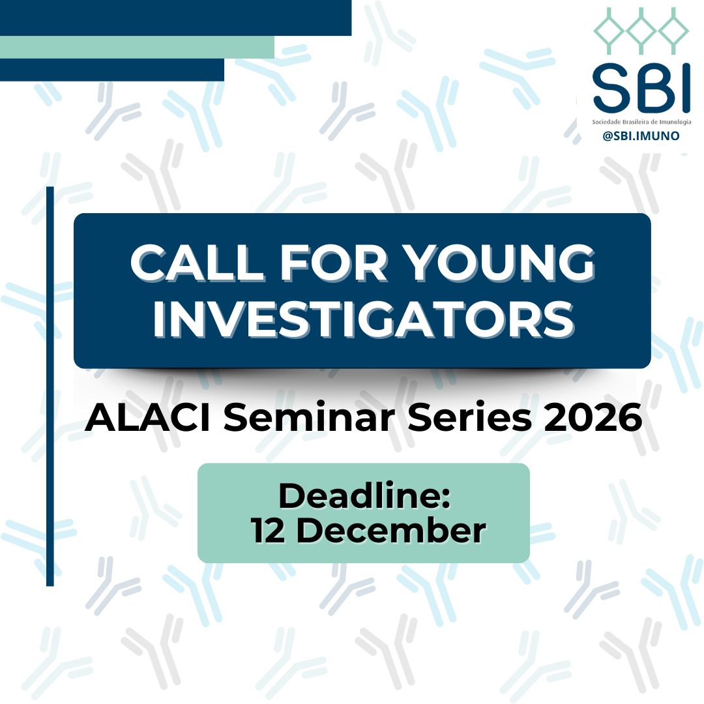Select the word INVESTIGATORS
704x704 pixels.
(364, 319)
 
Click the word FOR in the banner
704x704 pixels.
(334, 263)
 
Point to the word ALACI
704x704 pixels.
(148, 418)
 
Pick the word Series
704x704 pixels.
(469, 418)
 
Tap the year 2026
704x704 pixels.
(593, 418)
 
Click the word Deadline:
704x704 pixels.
(364, 495)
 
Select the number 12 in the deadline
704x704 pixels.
(268, 530)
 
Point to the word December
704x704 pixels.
(391, 530)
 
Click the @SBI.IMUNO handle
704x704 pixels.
(641, 136)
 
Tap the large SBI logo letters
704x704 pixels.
(641, 87)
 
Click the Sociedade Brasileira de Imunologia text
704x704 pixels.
(641, 122)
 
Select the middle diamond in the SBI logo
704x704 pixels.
(641, 31)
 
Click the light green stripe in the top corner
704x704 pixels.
(137, 47)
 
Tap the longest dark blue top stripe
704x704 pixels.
(175, 18)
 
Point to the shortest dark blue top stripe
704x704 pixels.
(112, 70)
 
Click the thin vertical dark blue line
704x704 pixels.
(50, 386)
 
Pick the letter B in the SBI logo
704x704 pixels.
(653, 88)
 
